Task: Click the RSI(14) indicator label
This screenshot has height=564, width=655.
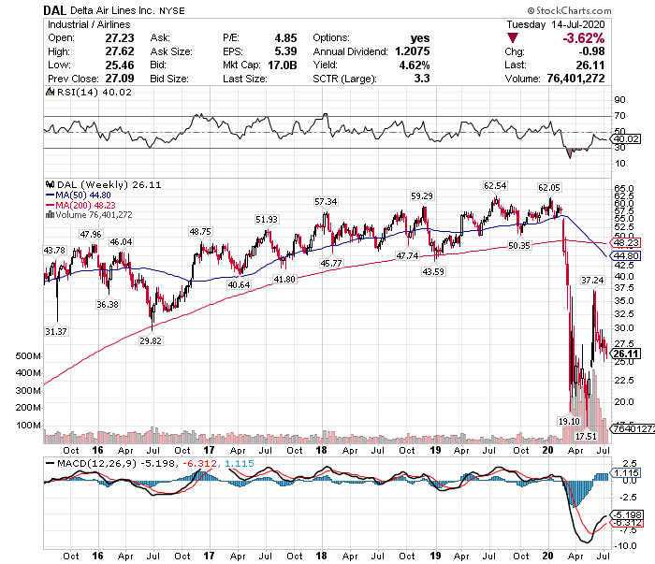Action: click(79, 92)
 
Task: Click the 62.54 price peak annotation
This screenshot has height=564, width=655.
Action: click(495, 185)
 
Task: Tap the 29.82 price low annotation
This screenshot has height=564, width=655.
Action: click(151, 341)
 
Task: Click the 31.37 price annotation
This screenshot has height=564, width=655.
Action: click(56, 331)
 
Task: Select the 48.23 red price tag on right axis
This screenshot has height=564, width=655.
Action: click(626, 241)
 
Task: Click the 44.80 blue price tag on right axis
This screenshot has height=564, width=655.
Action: click(626, 254)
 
